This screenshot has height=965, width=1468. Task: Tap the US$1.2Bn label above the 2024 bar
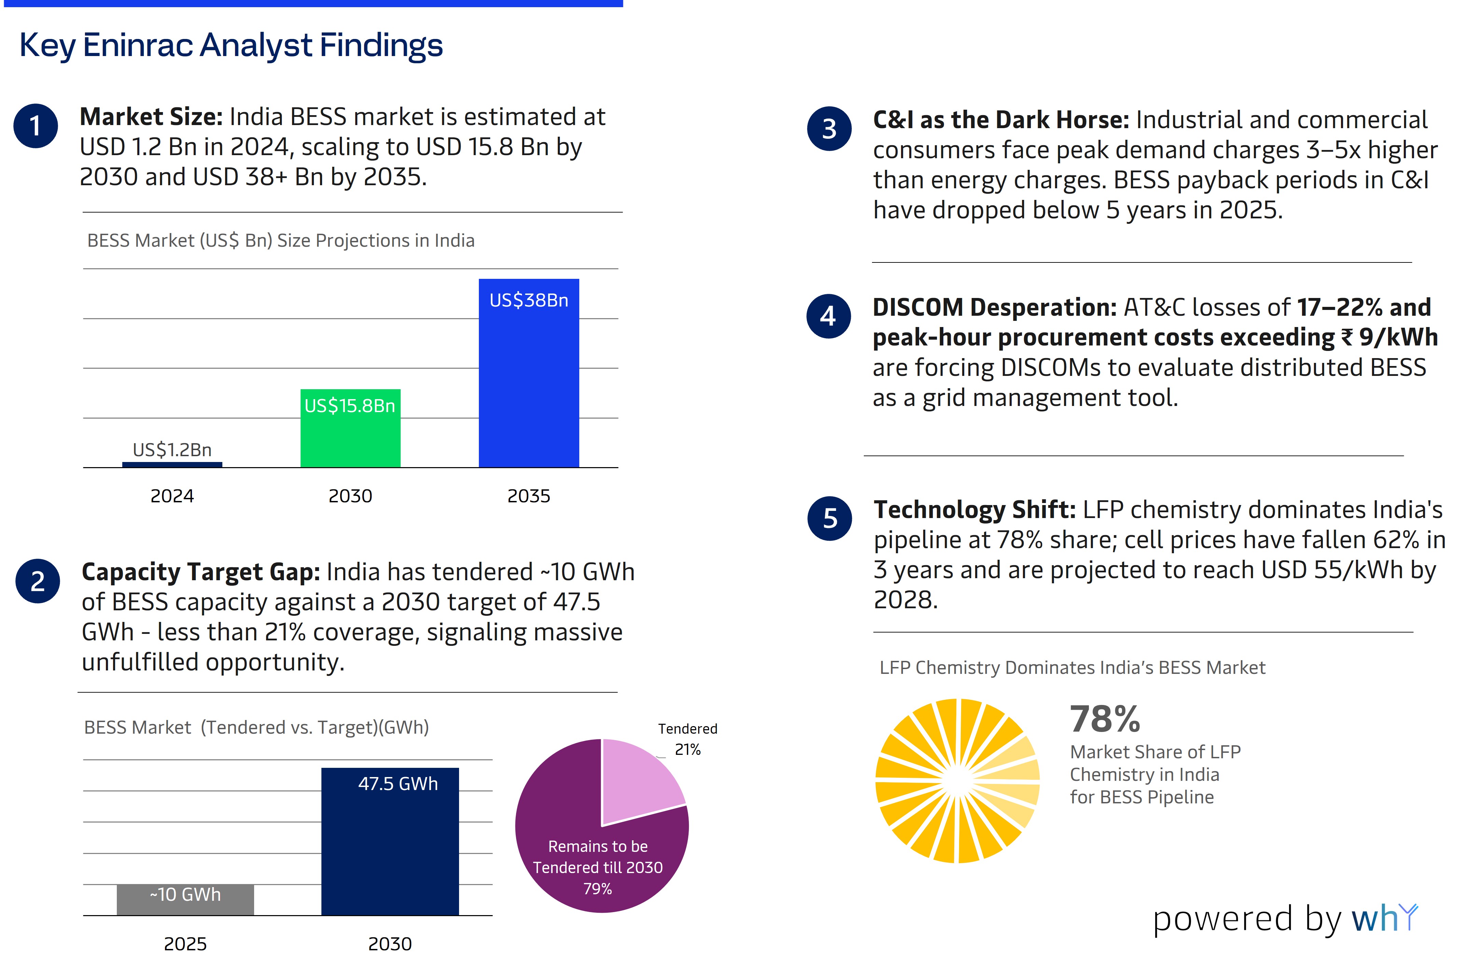coord(172,450)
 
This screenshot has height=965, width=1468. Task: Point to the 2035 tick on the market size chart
coord(529,496)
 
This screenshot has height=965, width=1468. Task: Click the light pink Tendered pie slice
coord(635,777)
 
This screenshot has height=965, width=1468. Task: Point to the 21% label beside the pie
coord(688,750)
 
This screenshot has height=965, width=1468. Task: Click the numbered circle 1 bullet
coord(36,126)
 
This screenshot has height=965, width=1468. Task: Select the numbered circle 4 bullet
coord(828,316)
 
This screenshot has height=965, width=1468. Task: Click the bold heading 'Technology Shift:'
coord(974,509)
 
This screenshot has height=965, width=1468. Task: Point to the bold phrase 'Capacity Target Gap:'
coord(200,572)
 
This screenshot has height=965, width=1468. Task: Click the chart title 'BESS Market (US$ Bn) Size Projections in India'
coord(281,241)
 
